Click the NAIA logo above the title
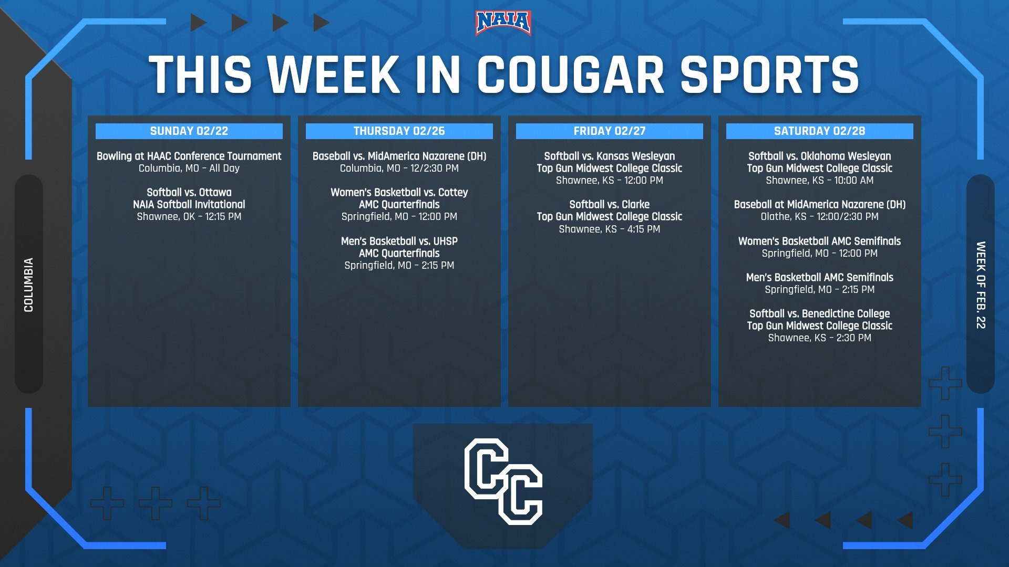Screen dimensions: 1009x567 [x=503, y=23]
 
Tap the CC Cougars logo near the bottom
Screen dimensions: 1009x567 [x=503, y=481]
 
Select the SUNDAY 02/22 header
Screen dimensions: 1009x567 [x=189, y=131]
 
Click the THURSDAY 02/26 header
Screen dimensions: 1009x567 [x=399, y=131]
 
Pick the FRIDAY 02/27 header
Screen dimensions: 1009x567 [x=610, y=131]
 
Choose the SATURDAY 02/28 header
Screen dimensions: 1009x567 [x=820, y=131]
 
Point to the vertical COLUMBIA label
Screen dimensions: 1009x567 [x=28, y=285]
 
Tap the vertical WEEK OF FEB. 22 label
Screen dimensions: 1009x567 [x=981, y=285]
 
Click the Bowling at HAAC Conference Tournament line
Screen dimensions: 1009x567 [x=189, y=156]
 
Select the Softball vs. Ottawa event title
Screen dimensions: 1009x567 [x=189, y=192]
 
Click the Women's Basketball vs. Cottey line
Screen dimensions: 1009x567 [x=399, y=192]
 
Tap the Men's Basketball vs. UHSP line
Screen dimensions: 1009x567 [x=399, y=241]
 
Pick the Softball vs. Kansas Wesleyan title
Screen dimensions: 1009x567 [x=610, y=156]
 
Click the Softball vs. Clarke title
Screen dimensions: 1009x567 [x=610, y=204]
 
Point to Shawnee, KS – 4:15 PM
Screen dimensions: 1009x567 [x=610, y=229]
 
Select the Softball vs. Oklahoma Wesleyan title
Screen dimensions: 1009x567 [x=820, y=156]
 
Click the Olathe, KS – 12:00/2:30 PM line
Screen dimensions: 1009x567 [x=820, y=216]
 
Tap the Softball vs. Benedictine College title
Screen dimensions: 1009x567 [x=820, y=313]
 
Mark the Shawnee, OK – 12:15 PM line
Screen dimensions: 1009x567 [x=189, y=216]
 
